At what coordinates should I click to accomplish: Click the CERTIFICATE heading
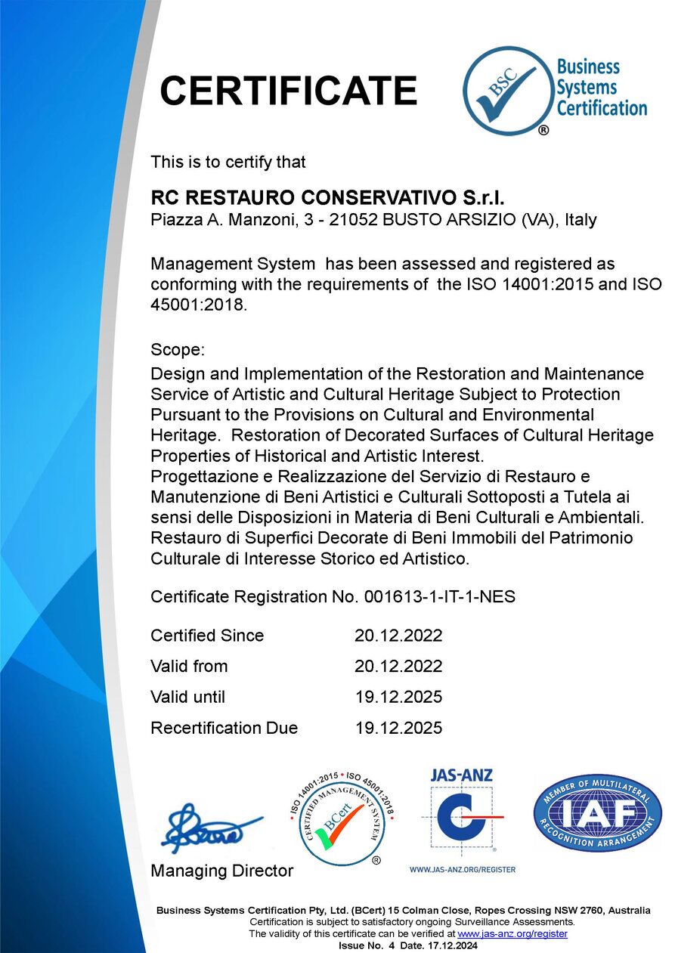(x=288, y=91)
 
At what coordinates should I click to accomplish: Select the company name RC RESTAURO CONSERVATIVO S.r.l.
(x=327, y=198)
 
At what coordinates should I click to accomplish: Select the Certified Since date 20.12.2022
(x=398, y=636)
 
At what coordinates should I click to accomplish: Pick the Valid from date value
(x=398, y=667)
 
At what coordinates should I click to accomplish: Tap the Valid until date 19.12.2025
(x=398, y=697)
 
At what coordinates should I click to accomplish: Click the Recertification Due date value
(x=398, y=728)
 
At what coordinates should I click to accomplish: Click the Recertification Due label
(x=224, y=728)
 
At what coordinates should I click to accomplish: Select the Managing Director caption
(x=221, y=871)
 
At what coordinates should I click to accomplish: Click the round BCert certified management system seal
(x=340, y=818)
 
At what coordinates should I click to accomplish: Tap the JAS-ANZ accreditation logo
(x=462, y=812)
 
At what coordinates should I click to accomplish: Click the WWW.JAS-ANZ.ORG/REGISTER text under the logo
(x=463, y=869)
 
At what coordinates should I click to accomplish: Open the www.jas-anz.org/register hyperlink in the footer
(x=512, y=934)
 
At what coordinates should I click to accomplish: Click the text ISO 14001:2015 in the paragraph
(x=555, y=284)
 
